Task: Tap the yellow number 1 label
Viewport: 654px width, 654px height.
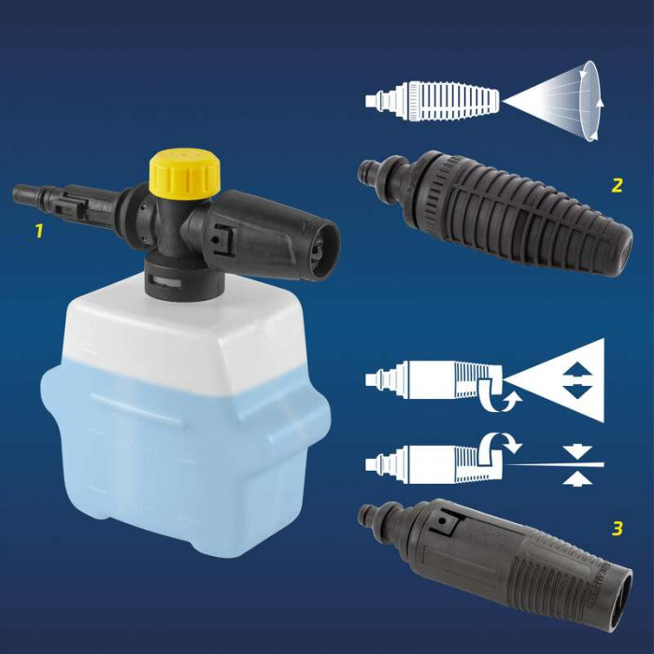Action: click(38, 230)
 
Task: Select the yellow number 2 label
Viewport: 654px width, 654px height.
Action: click(617, 185)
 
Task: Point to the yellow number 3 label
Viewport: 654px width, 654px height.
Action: click(617, 529)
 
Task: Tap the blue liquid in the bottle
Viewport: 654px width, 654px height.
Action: click(178, 439)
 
